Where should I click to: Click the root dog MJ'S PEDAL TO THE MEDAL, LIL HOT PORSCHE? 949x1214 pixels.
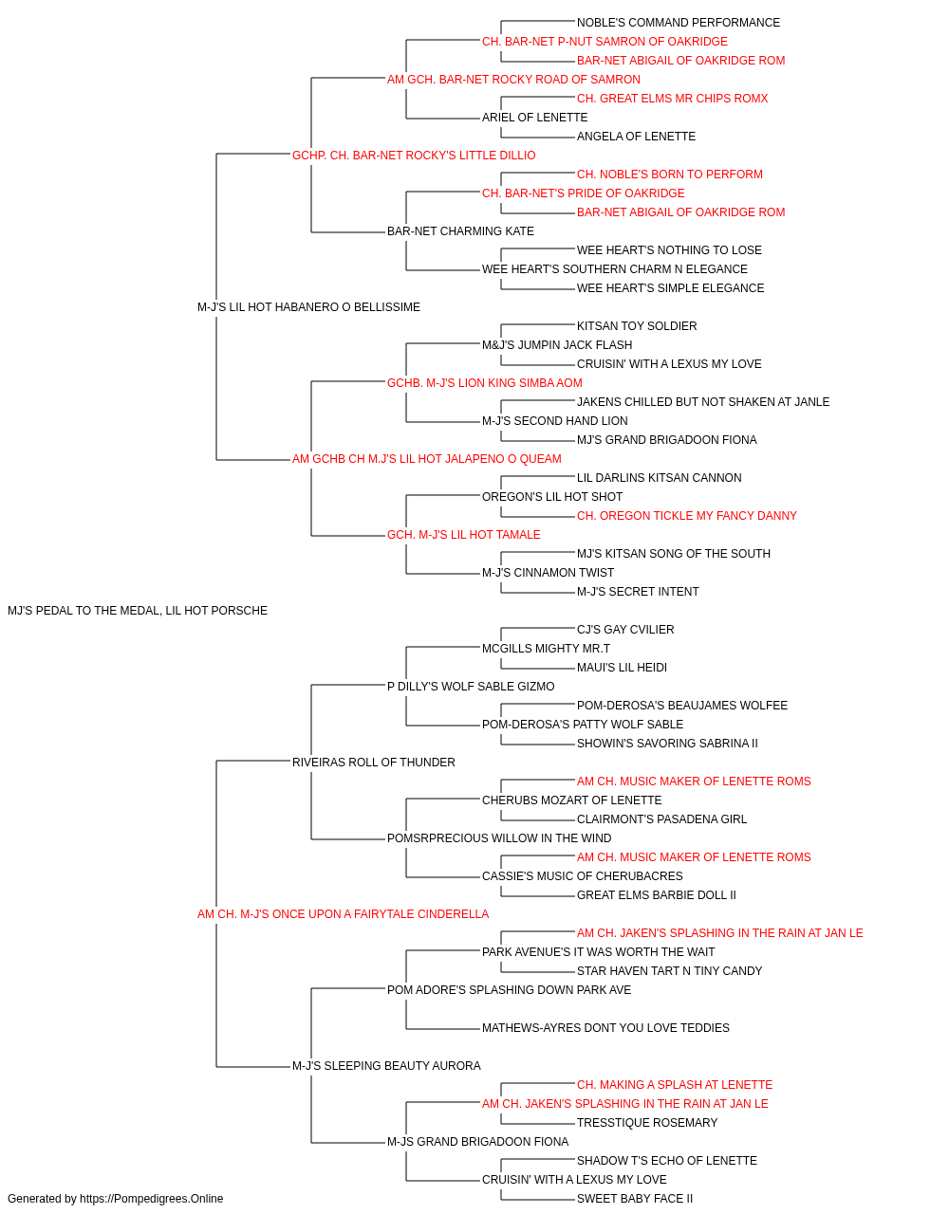[x=138, y=611]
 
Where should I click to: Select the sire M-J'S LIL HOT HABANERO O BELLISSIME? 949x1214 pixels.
[x=308, y=307]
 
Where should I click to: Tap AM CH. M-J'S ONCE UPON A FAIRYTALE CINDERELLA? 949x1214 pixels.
[x=343, y=914]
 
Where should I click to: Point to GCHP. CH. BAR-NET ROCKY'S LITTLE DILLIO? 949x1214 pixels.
[x=414, y=156]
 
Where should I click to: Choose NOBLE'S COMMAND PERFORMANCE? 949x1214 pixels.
[x=678, y=23]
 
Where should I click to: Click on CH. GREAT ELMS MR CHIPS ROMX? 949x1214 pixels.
[x=672, y=99]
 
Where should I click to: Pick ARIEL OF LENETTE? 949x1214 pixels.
[x=535, y=118]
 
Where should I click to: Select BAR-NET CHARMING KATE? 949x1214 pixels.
[x=460, y=231]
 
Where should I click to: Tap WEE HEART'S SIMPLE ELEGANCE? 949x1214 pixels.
[x=670, y=288]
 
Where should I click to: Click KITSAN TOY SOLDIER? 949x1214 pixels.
[x=637, y=326]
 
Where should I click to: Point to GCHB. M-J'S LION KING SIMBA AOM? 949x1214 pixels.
[x=485, y=383]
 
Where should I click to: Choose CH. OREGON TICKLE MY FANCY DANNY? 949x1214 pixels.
[x=687, y=516]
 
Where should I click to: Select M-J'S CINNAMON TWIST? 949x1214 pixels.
[x=548, y=573]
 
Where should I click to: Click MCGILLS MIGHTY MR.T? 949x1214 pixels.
[x=546, y=649]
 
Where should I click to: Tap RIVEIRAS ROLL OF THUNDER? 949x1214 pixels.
[x=373, y=763]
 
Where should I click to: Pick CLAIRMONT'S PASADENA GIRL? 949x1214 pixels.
[x=661, y=819]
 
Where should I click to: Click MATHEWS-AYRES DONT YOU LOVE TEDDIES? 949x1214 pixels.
[x=605, y=1028]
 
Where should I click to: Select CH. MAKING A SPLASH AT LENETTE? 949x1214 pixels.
[x=675, y=1085]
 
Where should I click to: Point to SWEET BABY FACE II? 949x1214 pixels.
[x=634, y=1199]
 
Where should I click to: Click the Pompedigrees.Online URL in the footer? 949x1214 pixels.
[x=152, y=1199]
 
